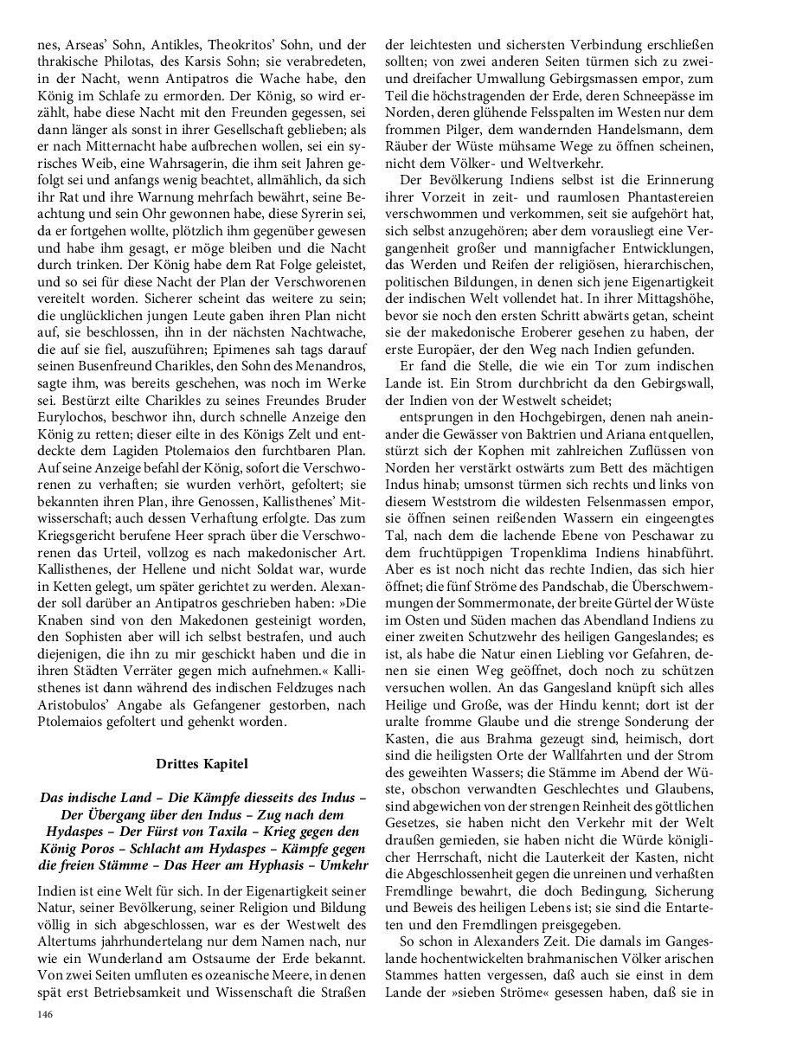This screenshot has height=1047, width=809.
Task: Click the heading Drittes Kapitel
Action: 202,764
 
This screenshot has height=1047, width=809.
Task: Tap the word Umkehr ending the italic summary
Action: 344,864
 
